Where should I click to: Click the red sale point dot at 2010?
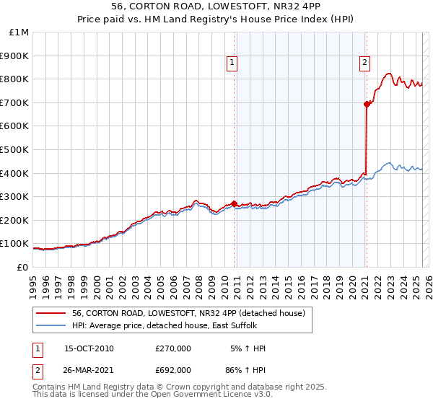235,203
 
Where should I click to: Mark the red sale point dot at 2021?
367,105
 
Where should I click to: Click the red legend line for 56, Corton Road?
51,313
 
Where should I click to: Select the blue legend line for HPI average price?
51,325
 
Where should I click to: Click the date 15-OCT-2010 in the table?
89,348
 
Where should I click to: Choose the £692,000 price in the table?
172,372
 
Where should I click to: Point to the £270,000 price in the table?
172,348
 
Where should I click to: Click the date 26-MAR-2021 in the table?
89,372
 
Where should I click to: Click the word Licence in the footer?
229,395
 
